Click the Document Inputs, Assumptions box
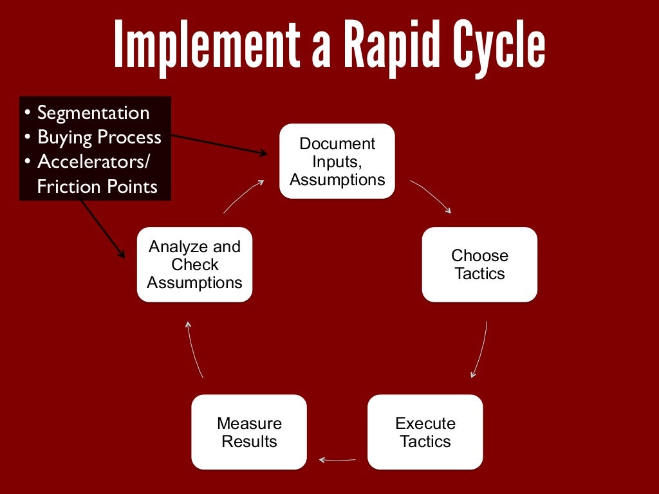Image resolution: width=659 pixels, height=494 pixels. [x=337, y=161]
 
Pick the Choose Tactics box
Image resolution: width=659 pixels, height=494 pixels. [x=479, y=264]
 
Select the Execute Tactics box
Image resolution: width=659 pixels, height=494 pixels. [x=425, y=432]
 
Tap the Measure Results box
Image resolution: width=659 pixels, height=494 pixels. [x=249, y=432]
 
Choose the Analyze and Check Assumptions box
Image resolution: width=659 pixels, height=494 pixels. [x=194, y=264]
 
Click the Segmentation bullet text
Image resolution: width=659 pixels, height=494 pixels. [x=93, y=113]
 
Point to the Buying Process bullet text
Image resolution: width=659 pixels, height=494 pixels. [x=99, y=137]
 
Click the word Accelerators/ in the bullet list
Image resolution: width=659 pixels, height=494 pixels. [x=93, y=161]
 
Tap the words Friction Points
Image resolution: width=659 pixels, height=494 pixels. [x=97, y=187]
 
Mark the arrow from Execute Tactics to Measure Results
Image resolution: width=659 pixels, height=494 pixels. [x=337, y=459]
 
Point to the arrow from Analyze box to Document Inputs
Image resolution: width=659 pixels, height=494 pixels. [x=243, y=196]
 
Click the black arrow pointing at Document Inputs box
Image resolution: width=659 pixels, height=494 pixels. [x=219, y=145]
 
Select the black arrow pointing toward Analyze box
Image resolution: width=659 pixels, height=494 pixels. [x=102, y=228]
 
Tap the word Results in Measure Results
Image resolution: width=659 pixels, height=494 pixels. [x=249, y=441]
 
